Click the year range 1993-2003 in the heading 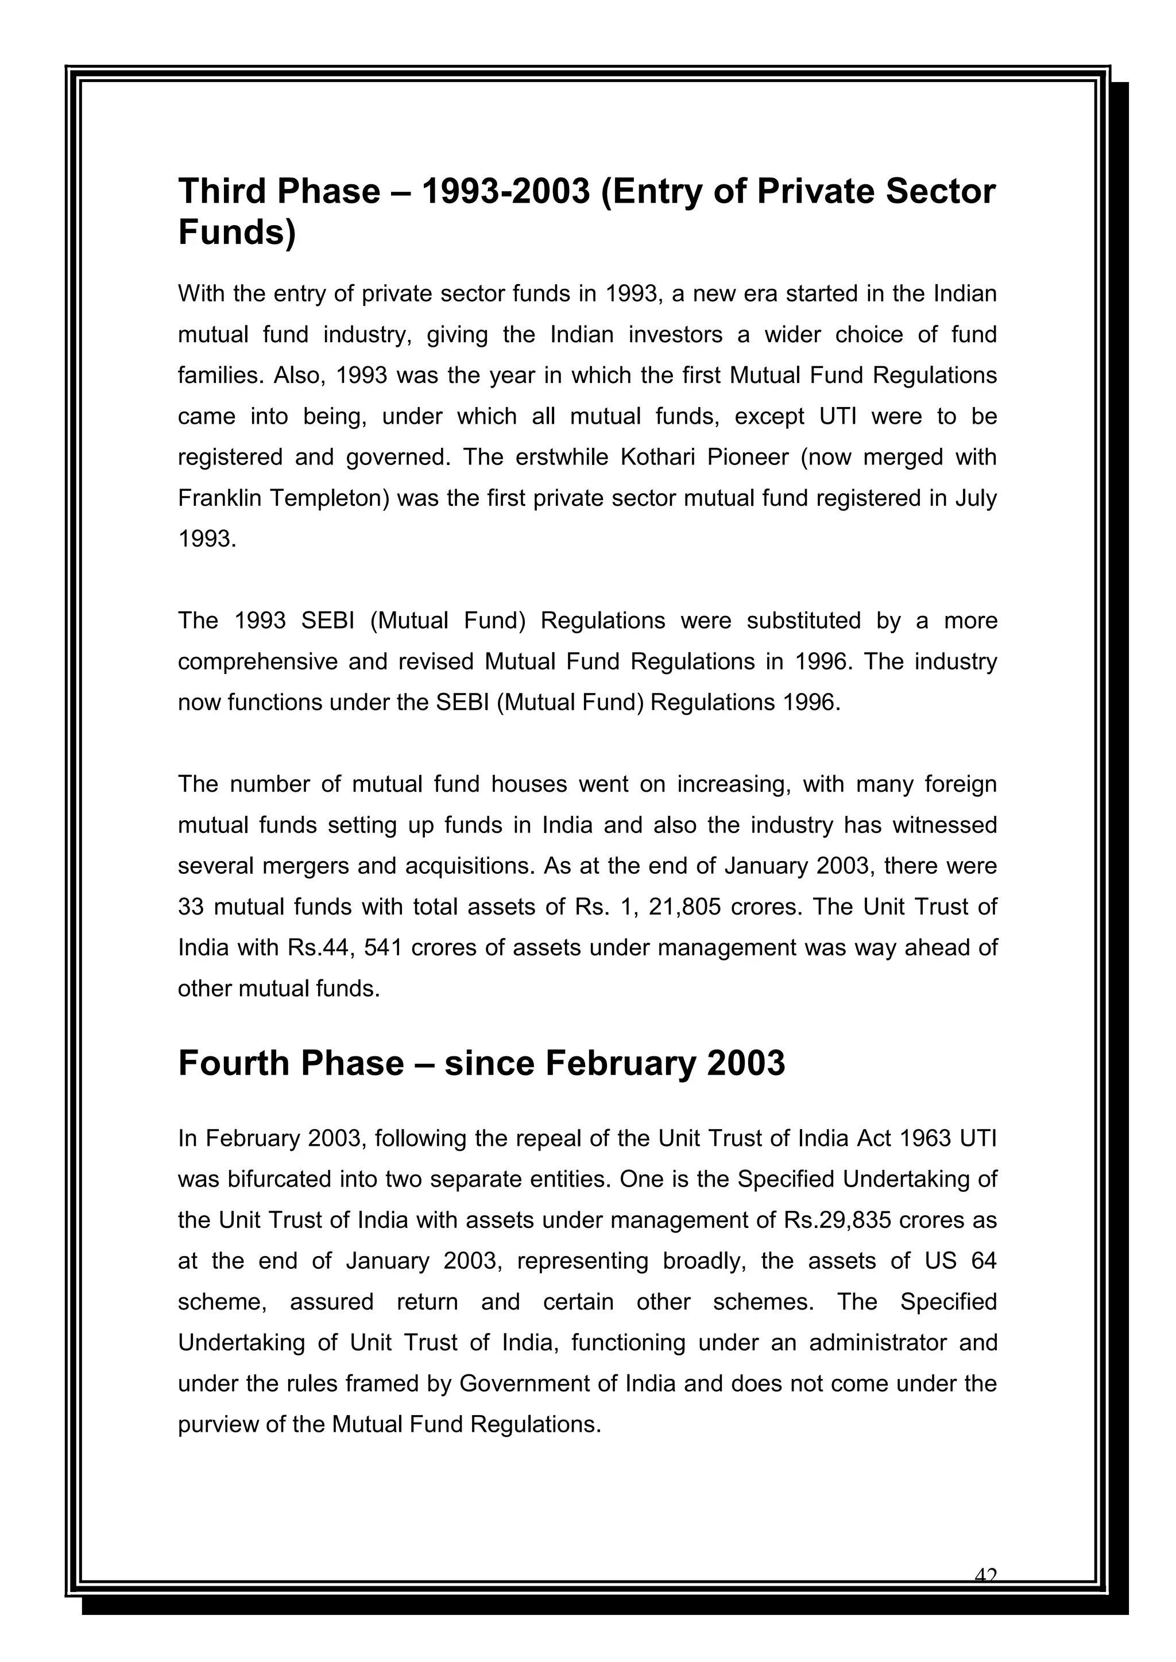(x=505, y=191)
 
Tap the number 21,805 (x=685, y=908)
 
